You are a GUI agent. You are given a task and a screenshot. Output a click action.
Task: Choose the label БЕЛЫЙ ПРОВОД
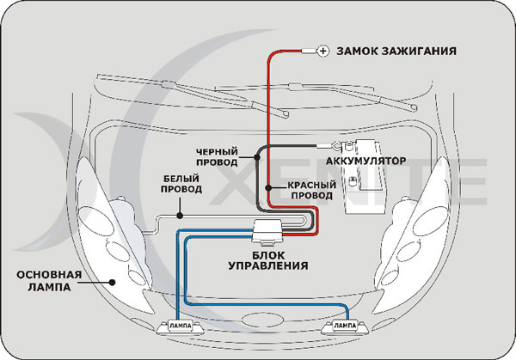coord(182,184)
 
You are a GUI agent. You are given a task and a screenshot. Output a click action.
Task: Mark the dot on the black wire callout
coord(256,158)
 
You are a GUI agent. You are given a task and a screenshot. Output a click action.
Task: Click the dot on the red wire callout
coord(268,186)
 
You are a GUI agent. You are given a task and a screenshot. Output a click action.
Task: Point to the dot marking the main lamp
coord(112,279)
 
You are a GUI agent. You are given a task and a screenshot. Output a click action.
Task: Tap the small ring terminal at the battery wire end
coord(331,147)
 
